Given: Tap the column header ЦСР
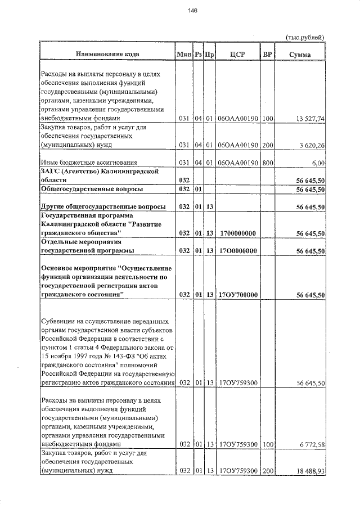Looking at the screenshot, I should (x=237, y=55).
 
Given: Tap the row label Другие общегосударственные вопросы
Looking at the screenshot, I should (x=103, y=208).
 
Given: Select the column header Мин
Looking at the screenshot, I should (x=184, y=55).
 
